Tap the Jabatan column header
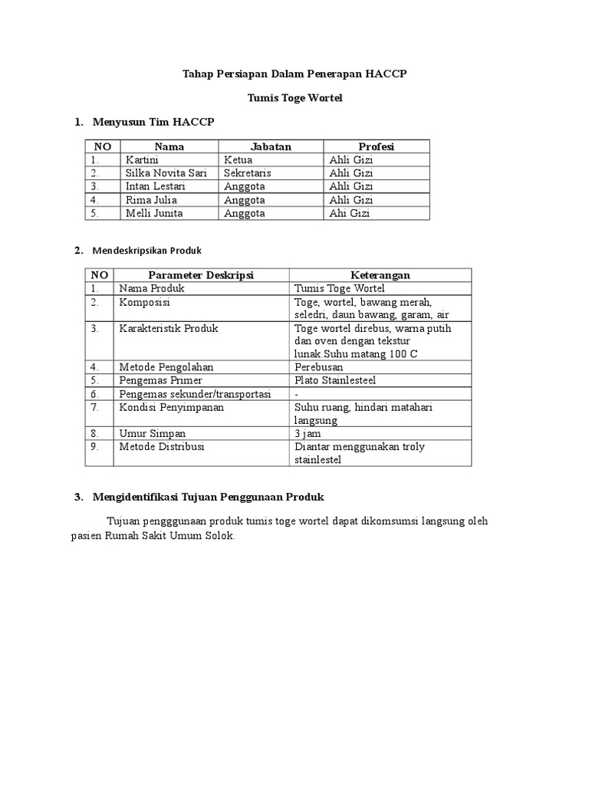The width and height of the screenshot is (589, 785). pos(271,146)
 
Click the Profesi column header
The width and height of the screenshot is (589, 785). pos(376,146)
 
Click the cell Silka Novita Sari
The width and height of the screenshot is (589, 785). pos(160,173)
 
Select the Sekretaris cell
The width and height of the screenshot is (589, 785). pos(247,173)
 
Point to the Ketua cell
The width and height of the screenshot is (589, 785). pos(239,159)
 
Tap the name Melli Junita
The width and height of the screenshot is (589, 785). pos(153,213)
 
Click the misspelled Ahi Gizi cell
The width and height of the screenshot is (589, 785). pos(349,213)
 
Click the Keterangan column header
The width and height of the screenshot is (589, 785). pos(380,274)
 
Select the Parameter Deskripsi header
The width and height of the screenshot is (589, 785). pos(201,274)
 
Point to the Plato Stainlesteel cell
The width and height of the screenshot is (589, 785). pos(335,380)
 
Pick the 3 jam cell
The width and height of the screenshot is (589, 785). pos(308,433)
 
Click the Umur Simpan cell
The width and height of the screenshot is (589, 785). pos(152,433)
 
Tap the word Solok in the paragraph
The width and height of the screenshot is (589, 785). pos(218,536)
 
